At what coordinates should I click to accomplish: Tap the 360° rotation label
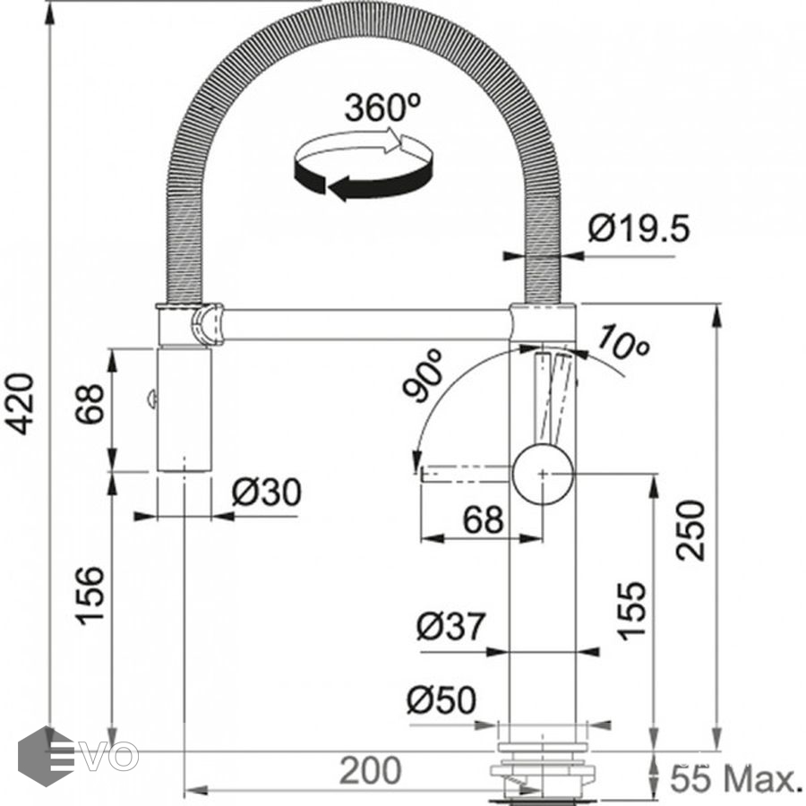382,107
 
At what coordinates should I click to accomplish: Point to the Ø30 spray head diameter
266,492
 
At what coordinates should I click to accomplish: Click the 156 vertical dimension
91,596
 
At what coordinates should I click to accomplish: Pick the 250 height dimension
690,530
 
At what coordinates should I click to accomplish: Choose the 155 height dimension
631,611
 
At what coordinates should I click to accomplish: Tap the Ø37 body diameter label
450,626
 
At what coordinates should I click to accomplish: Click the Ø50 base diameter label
442,699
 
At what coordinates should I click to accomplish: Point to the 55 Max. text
733,778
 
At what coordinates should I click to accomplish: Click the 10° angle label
623,341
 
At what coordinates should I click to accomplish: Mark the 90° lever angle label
423,374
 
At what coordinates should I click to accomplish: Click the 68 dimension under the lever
484,519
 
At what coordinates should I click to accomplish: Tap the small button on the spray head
151,399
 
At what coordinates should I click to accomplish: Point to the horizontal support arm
367,324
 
